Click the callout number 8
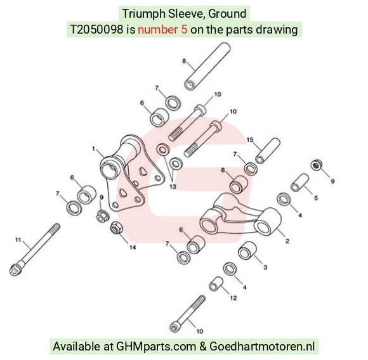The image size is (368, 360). coord(184,61)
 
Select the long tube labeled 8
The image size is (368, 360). coord(207,67)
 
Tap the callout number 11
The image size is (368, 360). coord(18,240)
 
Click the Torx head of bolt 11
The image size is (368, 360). coord(16,269)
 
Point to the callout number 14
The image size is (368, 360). coord(133,247)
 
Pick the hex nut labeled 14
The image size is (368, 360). coord(116,228)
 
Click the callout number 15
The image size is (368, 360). coord(250,140)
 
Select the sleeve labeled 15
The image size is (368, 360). coord(268,151)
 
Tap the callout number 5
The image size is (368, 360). coord(316,198)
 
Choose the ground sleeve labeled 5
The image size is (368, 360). coord(300,183)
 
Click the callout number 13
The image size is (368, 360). coord(173,186)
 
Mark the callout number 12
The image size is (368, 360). coord(233,298)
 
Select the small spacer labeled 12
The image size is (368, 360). coord(216,284)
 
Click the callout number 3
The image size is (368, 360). coord(265,267)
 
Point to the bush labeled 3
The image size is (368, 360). coord(247,250)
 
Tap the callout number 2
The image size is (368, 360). coord(287,241)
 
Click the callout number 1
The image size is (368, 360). coord(94,148)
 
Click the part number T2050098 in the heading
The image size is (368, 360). coord(96,30)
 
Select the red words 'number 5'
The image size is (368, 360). coord(162,30)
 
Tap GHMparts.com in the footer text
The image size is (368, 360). coord(156,347)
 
